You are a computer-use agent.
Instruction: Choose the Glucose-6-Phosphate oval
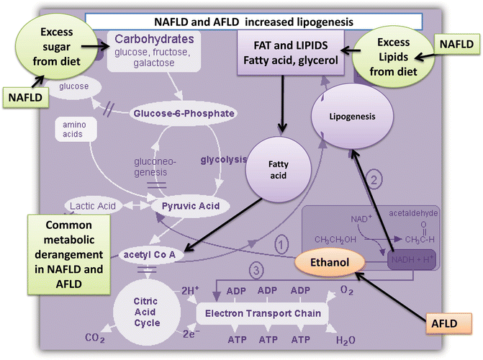click(185, 113)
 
